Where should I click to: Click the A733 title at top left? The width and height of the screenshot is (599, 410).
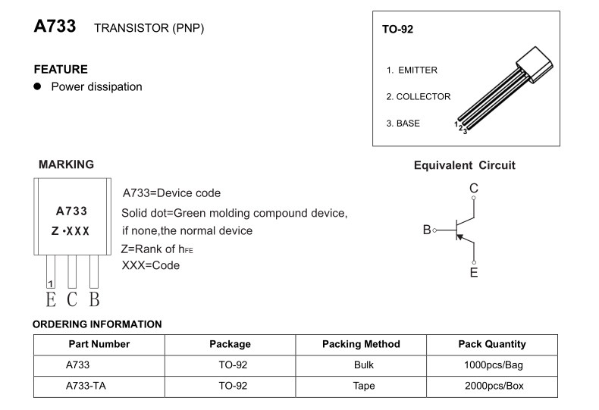pos(55,27)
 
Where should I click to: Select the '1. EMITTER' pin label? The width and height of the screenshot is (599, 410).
pos(412,70)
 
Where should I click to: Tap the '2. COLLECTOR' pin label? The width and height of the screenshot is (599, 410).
pos(418,97)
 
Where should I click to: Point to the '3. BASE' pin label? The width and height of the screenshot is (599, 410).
pos(403,124)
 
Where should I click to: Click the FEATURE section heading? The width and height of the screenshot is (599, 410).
pos(61,69)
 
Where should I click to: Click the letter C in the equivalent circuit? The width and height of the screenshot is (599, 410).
pos(473,188)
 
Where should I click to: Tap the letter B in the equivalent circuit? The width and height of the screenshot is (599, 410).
pos(427,230)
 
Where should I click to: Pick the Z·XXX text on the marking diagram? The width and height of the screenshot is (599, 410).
pos(71,230)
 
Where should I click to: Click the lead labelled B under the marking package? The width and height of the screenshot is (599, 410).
pos(94,299)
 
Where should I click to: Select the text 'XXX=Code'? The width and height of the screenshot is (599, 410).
pos(151,266)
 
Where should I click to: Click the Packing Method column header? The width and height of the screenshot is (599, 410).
pos(361,344)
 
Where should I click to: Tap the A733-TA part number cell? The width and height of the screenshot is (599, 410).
pos(86,385)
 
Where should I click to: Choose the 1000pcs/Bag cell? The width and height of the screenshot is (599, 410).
pos(493,365)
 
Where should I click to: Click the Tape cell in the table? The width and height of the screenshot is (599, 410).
pos(364,385)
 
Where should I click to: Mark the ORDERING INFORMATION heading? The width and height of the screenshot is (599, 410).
pos(97,324)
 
